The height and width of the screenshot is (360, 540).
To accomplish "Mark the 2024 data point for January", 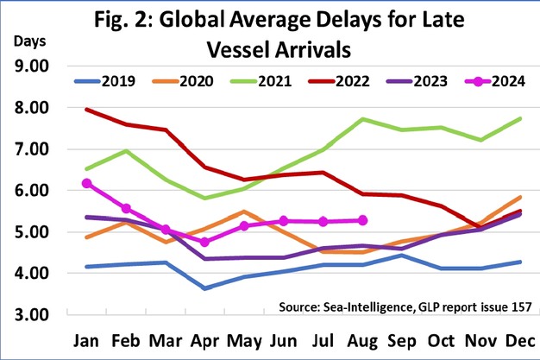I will pos(85,183).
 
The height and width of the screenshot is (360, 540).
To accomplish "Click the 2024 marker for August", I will pos(362,220).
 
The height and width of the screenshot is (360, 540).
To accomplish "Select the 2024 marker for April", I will pos(204,242).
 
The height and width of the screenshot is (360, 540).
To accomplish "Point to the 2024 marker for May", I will pos(244,226).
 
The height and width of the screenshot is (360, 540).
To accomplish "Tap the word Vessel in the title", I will pos(244,45).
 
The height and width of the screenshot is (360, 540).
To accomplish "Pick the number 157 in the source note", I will pos(512,306).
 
